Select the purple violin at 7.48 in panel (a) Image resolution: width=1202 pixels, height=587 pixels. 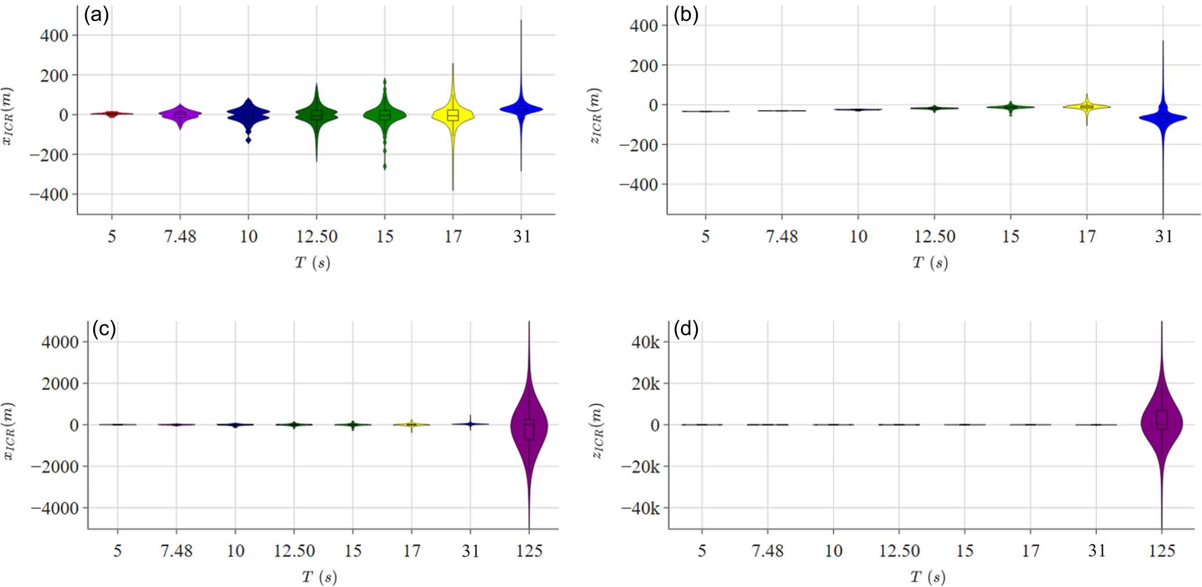tap(180, 114)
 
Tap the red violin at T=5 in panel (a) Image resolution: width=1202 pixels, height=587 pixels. tap(112, 113)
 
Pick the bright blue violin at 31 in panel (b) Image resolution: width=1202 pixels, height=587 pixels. tap(1163, 118)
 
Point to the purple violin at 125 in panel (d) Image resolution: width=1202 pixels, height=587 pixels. tap(1161, 422)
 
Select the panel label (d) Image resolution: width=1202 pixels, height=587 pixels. tap(686, 329)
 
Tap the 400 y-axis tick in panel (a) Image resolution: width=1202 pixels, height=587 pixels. tap(54, 35)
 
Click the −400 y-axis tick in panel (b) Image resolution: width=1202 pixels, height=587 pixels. tap(638, 184)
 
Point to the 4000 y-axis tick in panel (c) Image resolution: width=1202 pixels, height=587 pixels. tap(60, 342)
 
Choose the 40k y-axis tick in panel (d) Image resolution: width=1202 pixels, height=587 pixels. tap(646, 342)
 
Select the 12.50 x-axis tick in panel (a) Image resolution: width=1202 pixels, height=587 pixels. tap(316, 237)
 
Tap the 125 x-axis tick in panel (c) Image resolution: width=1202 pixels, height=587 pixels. tap(529, 551)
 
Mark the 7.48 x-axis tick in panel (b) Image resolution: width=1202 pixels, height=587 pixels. tap(782, 237)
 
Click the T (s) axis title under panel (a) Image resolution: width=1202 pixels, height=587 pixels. tap(312, 263)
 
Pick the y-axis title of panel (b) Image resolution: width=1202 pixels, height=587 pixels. tap(595, 115)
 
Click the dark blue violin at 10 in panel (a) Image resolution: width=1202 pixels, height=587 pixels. tap(248, 114)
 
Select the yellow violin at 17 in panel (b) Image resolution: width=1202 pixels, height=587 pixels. tap(1086, 107)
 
